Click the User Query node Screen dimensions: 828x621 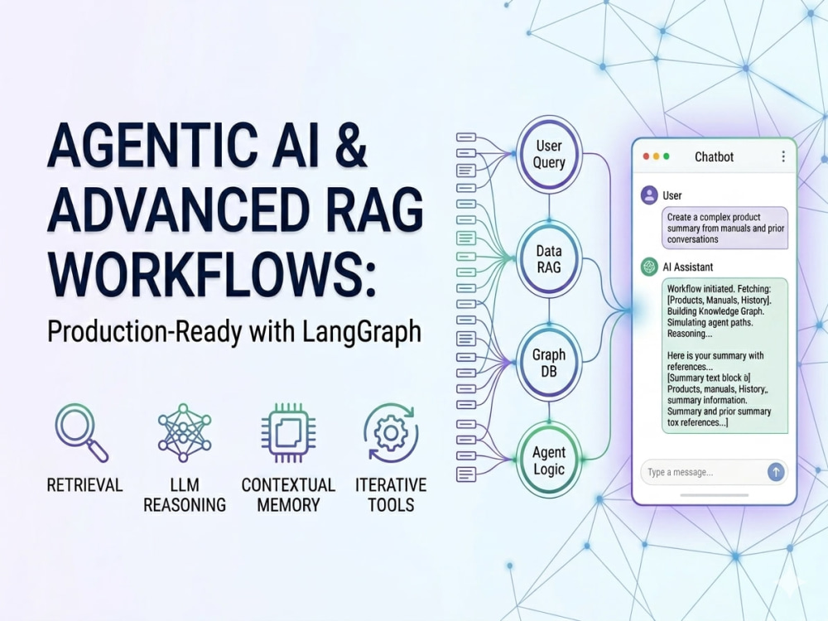pyautogui.click(x=549, y=154)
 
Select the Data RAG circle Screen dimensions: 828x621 pyautogui.click(x=549, y=258)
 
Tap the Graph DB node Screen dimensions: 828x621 pyautogui.click(x=549, y=363)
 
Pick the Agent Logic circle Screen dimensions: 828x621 pyautogui.click(x=549, y=460)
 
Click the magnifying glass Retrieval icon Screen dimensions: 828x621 pyautogui.click(x=81, y=432)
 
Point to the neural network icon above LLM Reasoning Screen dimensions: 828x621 pyautogui.click(x=185, y=432)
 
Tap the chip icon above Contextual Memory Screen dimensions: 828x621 pyautogui.click(x=288, y=432)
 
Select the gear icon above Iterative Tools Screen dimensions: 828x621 pyautogui.click(x=391, y=432)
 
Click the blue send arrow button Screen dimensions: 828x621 pyautogui.click(x=775, y=472)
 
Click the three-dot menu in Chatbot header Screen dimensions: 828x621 pyautogui.click(x=783, y=156)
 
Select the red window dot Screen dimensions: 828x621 pyautogui.click(x=645, y=156)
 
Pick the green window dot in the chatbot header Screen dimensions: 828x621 pyautogui.click(x=667, y=156)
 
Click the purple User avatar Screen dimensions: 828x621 pyautogui.click(x=649, y=195)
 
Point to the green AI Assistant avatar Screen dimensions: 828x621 pyautogui.click(x=649, y=267)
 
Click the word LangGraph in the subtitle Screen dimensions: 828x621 pyautogui.click(x=363, y=332)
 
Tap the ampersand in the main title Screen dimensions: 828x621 pyautogui.click(x=350, y=145)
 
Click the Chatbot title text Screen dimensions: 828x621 pyautogui.click(x=714, y=156)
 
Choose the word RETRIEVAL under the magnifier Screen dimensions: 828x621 pyautogui.click(x=84, y=484)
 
